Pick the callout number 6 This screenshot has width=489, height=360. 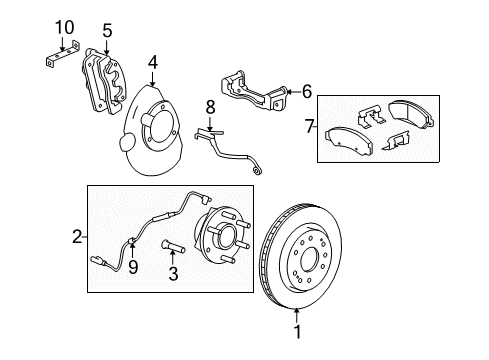pyautogui.click(x=306, y=91)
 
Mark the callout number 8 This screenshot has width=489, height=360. pyautogui.click(x=210, y=106)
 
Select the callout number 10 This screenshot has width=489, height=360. pyautogui.click(x=64, y=27)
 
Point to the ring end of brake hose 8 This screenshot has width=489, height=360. pyautogui.click(x=260, y=171)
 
